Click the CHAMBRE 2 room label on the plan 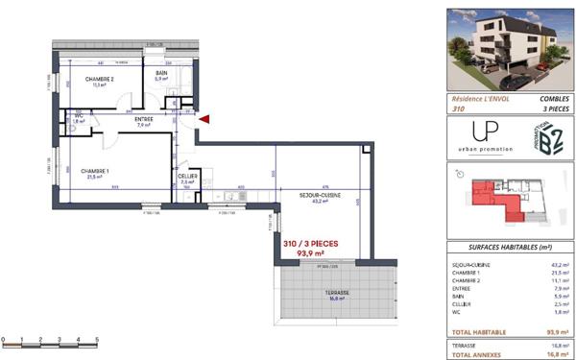[x=100, y=79]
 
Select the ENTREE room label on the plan [x=144, y=120]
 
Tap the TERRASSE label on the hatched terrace [x=335, y=292]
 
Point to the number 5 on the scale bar [x=97, y=339]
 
